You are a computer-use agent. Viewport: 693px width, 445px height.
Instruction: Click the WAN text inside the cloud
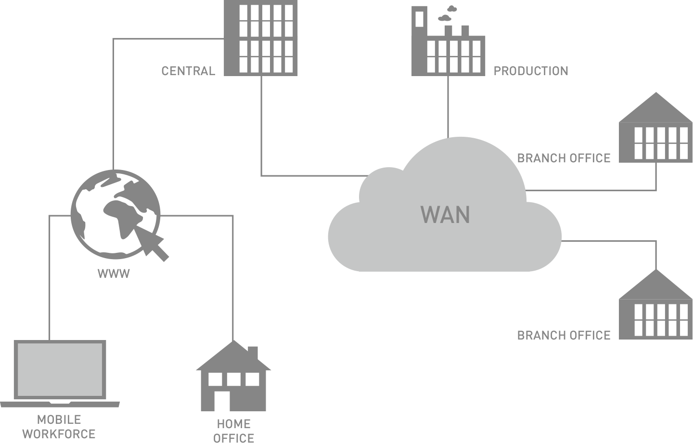coord(445,215)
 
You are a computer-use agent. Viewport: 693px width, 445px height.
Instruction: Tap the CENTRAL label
coord(188,71)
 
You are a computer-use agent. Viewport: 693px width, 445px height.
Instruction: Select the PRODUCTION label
coord(531,71)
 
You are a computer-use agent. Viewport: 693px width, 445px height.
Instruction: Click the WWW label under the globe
coord(114,274)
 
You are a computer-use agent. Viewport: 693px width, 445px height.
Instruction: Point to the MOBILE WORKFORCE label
coord(59,427)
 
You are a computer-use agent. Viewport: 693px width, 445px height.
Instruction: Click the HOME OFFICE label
coord(233,431)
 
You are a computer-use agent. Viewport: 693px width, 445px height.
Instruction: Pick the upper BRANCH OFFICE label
coord(564,158)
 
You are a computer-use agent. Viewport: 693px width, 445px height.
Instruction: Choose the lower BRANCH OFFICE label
coord(564,335)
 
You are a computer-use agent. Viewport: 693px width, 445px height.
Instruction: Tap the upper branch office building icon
coord(655,132)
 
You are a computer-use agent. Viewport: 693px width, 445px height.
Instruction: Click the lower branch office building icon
coord(655,309)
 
